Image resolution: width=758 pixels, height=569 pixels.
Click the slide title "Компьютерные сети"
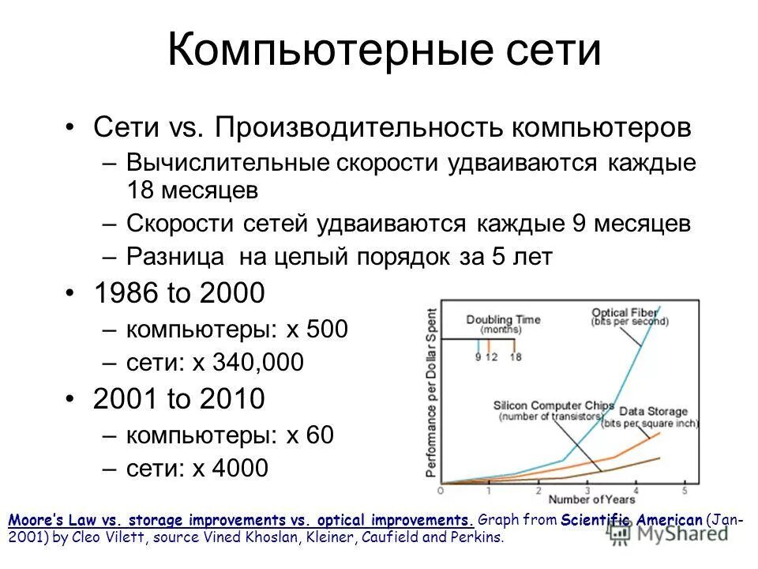tap(385, 51)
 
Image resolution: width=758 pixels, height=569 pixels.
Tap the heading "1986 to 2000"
tap(178, 294)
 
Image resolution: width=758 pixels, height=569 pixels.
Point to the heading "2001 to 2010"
tap(178, 399)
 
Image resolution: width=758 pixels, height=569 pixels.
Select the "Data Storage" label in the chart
tap(652, 412)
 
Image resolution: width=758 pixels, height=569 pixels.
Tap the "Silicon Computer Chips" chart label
tap(553, 406)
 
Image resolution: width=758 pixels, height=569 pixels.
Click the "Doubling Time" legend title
tap(502, 319)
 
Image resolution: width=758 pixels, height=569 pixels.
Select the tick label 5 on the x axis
tap(685, 490)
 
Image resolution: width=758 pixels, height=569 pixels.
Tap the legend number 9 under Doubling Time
tap(478, 356)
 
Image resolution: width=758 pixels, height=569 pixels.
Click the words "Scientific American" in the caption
tap(632, 520)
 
